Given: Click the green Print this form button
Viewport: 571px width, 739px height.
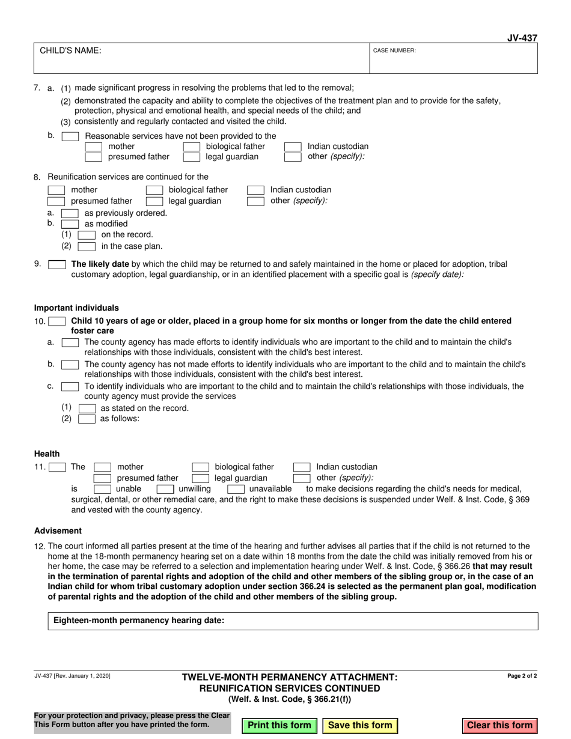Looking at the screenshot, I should (x=279, y=725).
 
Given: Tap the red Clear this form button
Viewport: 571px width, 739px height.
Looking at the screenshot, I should (x=499, y=725).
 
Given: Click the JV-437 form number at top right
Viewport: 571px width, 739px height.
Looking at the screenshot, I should (x=523, y=38).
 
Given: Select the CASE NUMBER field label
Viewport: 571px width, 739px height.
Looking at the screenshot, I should (x=394, y=51).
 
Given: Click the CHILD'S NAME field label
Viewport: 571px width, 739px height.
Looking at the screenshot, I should (x=70, y=51).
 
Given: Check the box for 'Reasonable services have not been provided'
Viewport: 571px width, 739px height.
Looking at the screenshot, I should (x=70, y=136).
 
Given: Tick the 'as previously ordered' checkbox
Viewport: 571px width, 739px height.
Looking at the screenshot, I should (x=70, y=213).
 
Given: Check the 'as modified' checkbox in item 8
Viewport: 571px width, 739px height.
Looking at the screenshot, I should (x=70, y=224).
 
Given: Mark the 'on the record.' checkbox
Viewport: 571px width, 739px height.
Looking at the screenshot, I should (x=87, y=235).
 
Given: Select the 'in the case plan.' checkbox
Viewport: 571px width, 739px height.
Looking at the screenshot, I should (x=87, y=246).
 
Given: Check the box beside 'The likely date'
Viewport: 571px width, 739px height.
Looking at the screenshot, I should (x=57, y=264).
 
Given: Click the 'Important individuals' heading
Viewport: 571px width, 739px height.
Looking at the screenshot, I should (x=76, y=308).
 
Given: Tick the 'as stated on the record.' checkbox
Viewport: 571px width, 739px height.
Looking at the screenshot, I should (x=87, y=409).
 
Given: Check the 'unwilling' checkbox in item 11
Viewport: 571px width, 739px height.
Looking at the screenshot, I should (x=165, y=489).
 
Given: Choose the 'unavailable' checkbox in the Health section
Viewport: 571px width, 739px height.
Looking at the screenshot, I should (x=236, y=489).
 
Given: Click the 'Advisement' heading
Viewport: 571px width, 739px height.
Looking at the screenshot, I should (x=58, y=531).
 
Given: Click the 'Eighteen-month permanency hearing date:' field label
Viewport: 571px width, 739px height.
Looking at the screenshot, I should (x=139, y=621).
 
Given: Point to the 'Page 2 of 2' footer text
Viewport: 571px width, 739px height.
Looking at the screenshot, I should (x=522, y=676).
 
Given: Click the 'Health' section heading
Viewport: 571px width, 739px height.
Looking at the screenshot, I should (x=47, y=454).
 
